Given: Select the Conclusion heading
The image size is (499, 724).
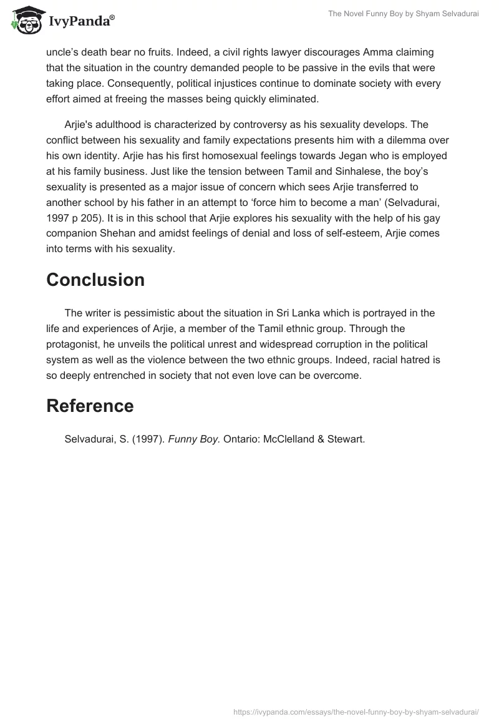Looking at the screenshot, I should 95,280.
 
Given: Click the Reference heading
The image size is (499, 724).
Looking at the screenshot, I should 90,406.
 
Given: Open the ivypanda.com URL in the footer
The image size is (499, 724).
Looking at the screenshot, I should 356,711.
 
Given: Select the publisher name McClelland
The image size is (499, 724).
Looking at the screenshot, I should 288,439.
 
